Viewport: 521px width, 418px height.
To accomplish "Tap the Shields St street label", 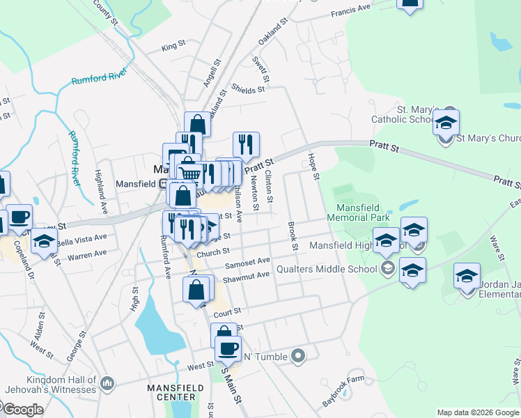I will pyautogui.click(x=249, y=89).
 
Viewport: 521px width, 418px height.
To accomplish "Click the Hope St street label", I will pyautogui.click(x=313, y=167).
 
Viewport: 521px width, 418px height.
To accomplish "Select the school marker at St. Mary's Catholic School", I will pyautogui.click(x=446, y=124).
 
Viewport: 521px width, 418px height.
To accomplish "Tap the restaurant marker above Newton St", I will pyautogui.click(x=246, y=145).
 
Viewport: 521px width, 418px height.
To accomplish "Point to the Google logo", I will pyautogui.click(x=22, y=410).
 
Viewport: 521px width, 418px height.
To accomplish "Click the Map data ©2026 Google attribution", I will pyautogui.click(x=477, y=412).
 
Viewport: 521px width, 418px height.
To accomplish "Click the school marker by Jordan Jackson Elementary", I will pyautogui.click(x=467, y=277).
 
